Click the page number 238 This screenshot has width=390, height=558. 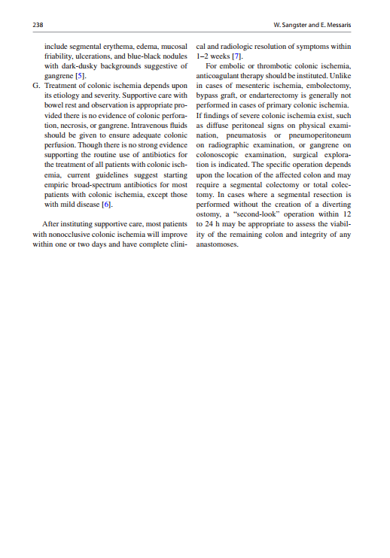(x=38, y=25)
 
